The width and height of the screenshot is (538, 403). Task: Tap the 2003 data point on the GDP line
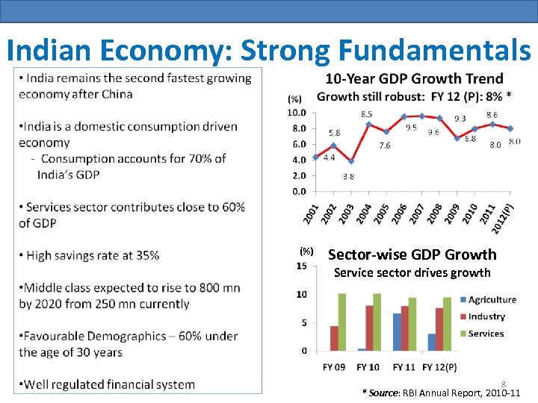click(351, 161)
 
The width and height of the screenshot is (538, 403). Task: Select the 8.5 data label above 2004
click(367, 114)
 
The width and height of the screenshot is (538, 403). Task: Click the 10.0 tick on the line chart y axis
click(297, 113)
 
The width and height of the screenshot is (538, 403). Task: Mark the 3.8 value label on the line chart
click(349, 177)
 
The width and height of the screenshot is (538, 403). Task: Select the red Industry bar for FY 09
click(335, 338)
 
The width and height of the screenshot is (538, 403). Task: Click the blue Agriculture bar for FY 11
click(396, 332)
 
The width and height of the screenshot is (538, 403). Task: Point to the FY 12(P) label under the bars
click(439, 367)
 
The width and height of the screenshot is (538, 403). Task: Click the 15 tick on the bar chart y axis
click(301, 266)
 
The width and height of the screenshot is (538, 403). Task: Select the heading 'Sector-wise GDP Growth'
click(412, 254)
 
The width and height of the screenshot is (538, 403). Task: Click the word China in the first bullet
click(117, 94)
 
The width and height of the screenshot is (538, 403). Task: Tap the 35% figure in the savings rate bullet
click(146, 255)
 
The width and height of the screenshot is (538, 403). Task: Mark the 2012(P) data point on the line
click(510, 129)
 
